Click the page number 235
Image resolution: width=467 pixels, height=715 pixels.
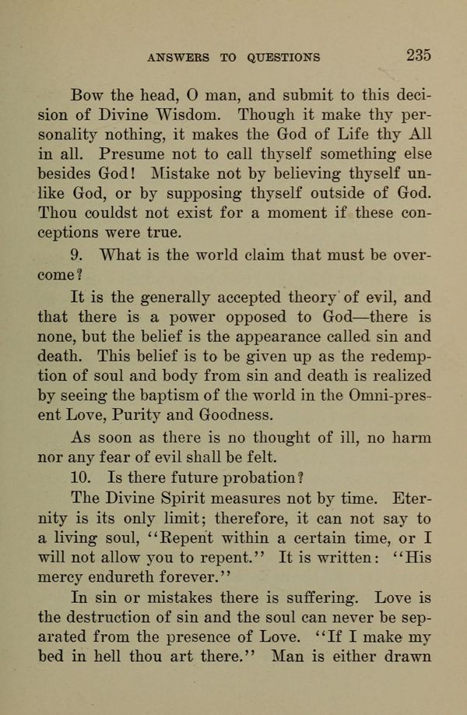(418, 55)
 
